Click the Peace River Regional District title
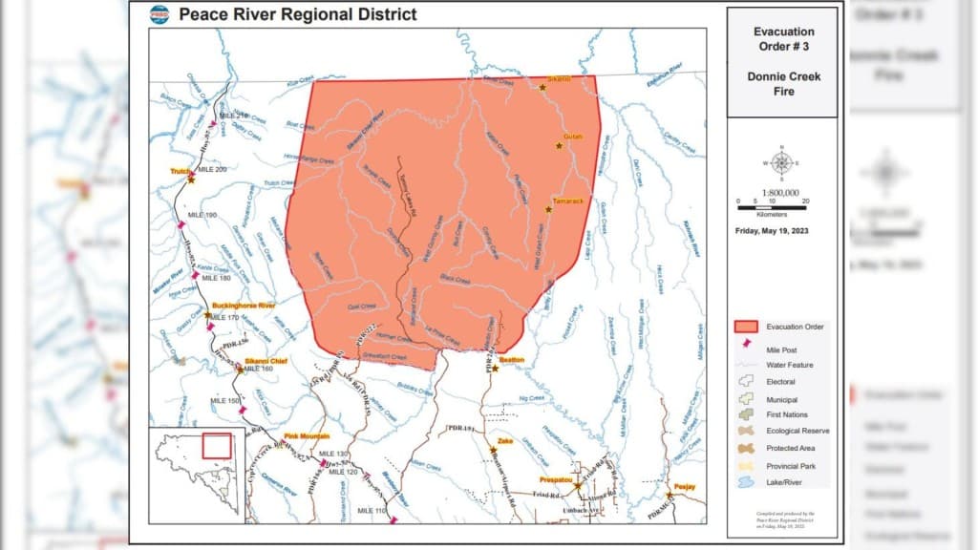[x=297, y=14]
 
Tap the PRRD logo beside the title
[x=159, y=14]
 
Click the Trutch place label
[x=181, y=171]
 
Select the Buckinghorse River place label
[x=244, y=305]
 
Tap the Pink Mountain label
[x=307, y=435]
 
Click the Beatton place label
[x=512, y=359]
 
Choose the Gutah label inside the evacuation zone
[x=572, y=137]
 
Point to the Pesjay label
[x=685, y=486]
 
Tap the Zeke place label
[x=505, y=441]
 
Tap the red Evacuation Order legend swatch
[x=745, y=327]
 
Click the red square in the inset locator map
[x=217, y=446]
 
